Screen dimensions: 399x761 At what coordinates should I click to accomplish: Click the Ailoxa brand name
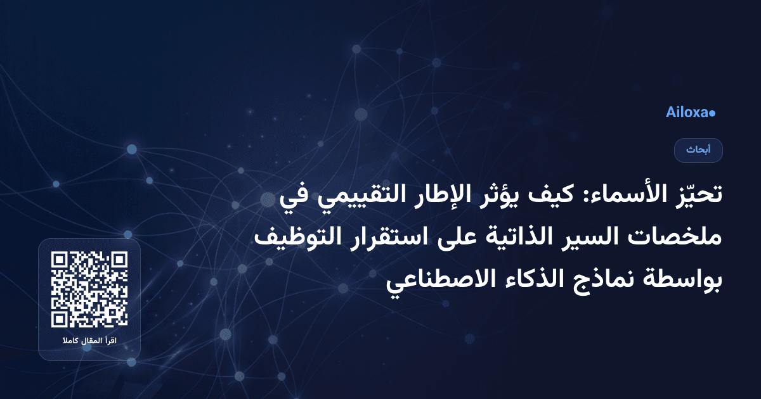click(x=687, y=113)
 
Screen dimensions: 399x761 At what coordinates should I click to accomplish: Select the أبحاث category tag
click(x=698, y=150)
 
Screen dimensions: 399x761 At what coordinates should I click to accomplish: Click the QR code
click(x=89, y=289)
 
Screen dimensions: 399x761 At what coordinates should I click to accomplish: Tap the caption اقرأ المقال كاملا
click(x=89, y=342)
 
